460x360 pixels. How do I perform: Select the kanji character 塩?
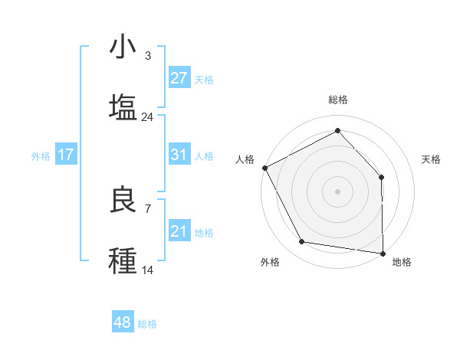click(x=123, y=107)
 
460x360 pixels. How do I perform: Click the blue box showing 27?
click(x=179, y=78)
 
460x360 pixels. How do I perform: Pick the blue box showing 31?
click(x=179, y=155)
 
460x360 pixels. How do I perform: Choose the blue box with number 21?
click(x=179, y=231)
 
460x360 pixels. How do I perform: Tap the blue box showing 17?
click(x=66, y=155)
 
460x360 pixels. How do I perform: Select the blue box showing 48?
click(x=123, y=322)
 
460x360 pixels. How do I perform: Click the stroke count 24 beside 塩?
click(x=147, y=117)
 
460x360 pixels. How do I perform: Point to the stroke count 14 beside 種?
click(x=147, y=270)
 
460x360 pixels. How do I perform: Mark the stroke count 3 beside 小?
click(x=147, y=56)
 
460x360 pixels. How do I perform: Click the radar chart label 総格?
click(x=338, y=100)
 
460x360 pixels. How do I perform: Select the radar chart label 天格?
click(x=432, y=159)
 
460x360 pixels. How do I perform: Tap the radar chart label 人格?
click(x=245, y=159)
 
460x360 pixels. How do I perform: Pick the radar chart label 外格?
click(x=270, y=262)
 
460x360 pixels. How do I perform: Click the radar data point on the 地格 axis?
click(x=383, y=252)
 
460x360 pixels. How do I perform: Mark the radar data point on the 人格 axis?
click(x=264, y=167)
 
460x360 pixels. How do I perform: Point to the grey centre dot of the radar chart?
click(x=338, y=191)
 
